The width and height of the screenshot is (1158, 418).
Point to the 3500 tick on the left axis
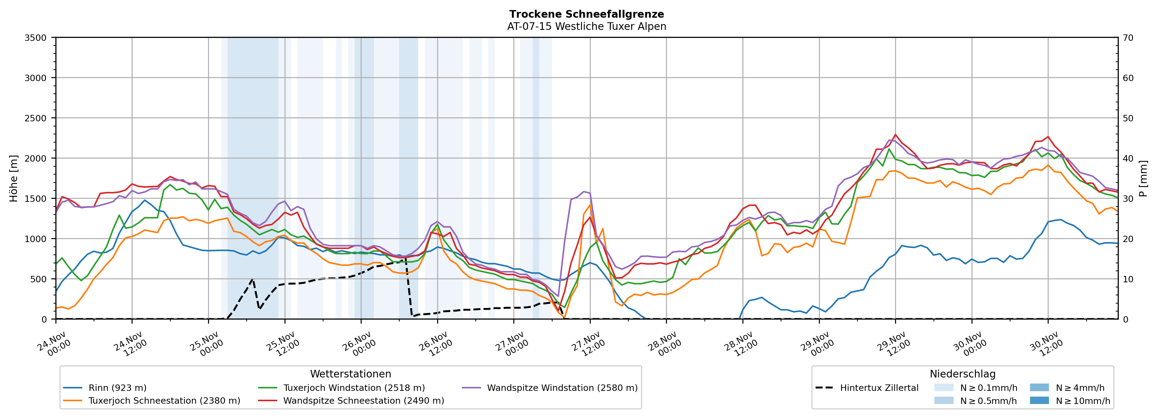(36, 38)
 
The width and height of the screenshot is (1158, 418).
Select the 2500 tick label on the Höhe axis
(36, 118)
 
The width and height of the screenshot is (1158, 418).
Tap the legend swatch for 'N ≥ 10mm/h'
(1039, 400)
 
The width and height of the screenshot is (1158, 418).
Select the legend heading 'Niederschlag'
(962, 374)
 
